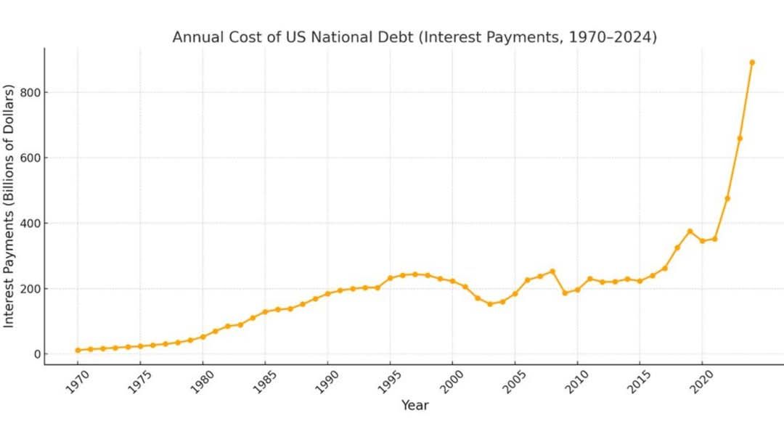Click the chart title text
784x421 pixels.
415,37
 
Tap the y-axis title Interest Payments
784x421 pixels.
9,206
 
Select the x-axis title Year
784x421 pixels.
415,405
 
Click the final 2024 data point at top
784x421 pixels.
752,62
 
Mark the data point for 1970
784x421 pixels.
78,351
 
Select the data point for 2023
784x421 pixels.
740,138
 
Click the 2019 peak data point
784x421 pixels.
690,232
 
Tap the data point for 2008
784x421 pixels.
552,271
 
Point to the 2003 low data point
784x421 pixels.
490,304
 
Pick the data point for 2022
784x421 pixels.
727,198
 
